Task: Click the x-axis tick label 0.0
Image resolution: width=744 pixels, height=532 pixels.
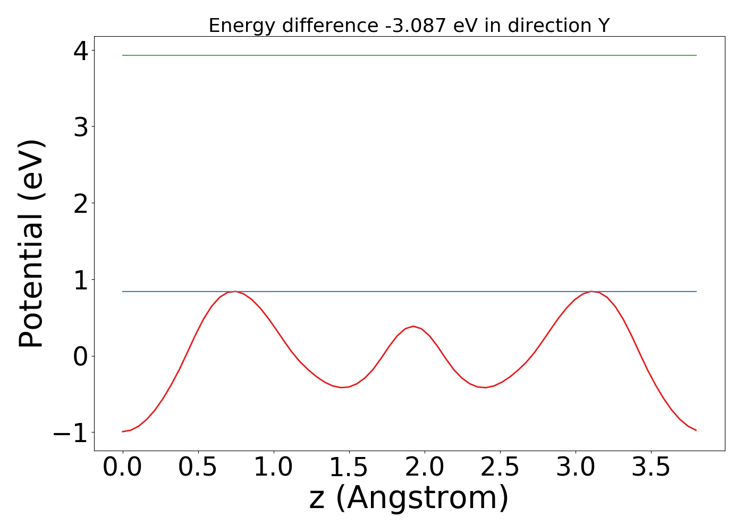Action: click(x=122, y=468)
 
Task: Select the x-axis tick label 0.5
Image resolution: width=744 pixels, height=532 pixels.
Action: click(x=198, y=468)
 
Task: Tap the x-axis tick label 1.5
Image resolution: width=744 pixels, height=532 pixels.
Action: click(x=349, y=468)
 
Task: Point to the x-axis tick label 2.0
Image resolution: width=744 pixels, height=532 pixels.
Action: click(x=425, y=468)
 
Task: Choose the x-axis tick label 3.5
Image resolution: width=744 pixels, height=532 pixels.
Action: click(x=652, y=468)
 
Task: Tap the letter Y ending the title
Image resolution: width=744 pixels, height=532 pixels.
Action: click(x=603, y=26)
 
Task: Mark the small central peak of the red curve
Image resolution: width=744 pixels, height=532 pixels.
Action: click(x=413, y=326)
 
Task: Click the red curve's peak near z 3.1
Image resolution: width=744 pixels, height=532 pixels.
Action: click(x=591, y=292)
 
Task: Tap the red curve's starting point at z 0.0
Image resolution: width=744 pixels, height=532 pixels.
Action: click(x=123, y=431)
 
